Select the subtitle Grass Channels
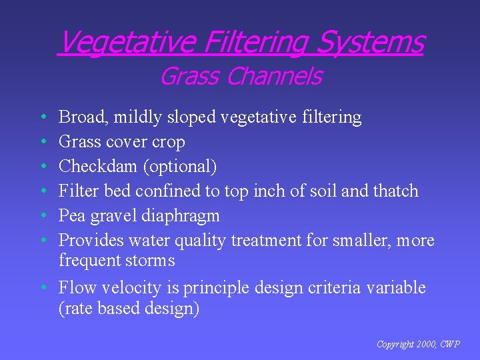point(240,77)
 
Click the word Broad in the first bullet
point(83,117)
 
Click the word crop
point(170,142)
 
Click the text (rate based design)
point(129,309)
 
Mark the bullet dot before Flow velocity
point(42,288)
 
